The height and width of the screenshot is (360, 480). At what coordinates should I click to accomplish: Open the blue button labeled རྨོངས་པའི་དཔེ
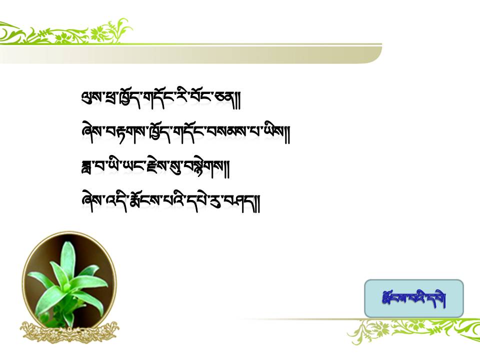coord(414,298)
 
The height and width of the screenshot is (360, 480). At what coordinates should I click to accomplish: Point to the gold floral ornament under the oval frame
coord(70,332)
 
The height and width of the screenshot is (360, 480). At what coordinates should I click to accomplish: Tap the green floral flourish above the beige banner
coord(66,32)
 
